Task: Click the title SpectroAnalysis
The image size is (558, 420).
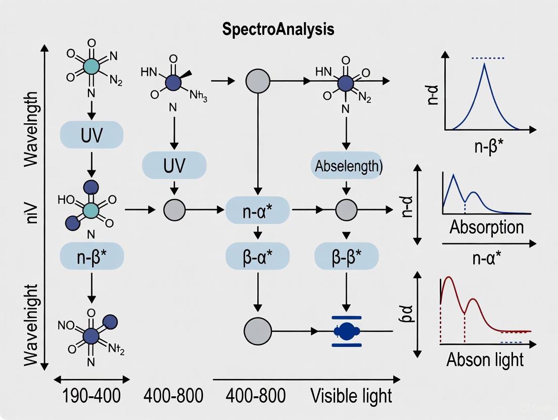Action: [278, 29]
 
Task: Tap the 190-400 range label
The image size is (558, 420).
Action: [91, 395]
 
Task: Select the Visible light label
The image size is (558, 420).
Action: [351, 395]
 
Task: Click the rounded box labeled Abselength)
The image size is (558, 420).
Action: [346, 166]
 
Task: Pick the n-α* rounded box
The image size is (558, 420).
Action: [258, 209]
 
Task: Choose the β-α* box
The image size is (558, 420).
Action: [258, 258]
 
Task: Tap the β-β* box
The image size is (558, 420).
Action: [346, 258]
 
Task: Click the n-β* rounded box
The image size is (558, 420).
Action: [91, 258]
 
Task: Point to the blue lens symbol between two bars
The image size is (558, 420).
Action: [346, 331]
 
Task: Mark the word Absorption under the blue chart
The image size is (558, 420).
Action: [486, 227]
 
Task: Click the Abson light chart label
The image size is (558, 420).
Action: [485, 359]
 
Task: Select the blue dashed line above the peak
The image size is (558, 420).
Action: [487, 59]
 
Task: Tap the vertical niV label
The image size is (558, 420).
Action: [30, 209]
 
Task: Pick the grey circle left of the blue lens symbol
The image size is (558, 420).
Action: [258, 331]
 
